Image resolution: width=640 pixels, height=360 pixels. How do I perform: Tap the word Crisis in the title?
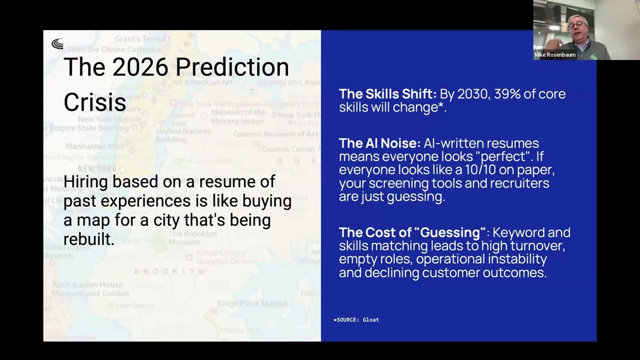94,102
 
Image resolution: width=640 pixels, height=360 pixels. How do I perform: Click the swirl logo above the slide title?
57,44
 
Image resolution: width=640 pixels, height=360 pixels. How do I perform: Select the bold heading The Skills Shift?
387,94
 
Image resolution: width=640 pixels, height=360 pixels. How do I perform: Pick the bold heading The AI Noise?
379,143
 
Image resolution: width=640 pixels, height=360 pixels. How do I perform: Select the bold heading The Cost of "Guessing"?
412,232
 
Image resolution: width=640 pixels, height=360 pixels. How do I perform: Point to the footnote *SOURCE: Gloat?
356,320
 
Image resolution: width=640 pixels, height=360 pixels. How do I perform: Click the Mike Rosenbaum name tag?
555,55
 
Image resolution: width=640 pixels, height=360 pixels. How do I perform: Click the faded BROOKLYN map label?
169,271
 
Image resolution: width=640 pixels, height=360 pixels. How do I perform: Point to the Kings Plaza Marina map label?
251,303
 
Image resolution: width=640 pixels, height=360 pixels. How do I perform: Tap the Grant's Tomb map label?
138,39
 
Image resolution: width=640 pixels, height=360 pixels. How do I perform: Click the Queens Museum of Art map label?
275,134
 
